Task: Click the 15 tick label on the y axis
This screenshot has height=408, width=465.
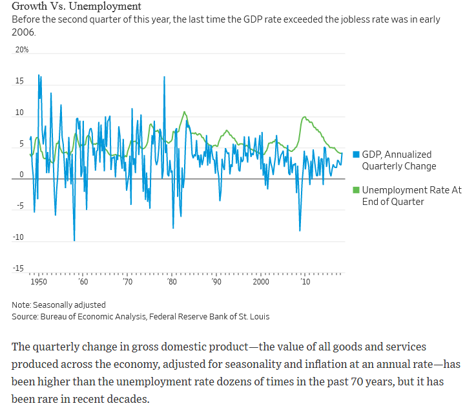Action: (20, 81)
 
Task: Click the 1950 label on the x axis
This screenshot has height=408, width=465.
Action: (38, 283)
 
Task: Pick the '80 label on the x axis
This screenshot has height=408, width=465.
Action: (172, 283)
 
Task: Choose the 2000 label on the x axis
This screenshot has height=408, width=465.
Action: (261, 283)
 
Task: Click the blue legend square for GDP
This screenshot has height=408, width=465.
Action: (356, 155)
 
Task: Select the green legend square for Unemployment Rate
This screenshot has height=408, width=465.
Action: (356, 190)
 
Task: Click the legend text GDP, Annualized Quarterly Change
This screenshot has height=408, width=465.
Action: (399, 160)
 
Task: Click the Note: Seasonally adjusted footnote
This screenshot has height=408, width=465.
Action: (58, 305)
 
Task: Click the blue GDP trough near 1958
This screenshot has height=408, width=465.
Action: (74, 241)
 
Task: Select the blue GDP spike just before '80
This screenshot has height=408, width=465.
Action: (164, 77)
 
